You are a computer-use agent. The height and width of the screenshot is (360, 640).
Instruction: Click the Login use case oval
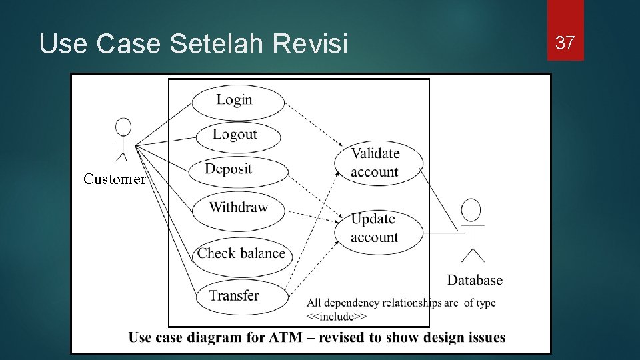point(235,101)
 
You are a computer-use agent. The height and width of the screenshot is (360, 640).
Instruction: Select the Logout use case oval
point(235,135)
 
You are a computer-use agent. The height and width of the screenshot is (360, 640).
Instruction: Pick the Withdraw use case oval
point(238,207)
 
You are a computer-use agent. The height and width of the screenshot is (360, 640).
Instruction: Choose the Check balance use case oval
point(241,253)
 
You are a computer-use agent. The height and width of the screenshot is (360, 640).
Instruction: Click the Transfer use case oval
point(234,295)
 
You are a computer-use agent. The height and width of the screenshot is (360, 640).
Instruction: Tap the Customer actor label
point(114,179)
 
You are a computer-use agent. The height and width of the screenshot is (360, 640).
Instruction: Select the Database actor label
point(475,280)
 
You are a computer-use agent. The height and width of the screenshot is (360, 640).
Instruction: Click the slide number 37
point(565,43)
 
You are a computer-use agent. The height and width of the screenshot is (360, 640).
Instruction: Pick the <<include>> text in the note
point(337,316)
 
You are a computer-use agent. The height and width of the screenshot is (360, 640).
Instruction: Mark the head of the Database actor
point(473,209)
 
